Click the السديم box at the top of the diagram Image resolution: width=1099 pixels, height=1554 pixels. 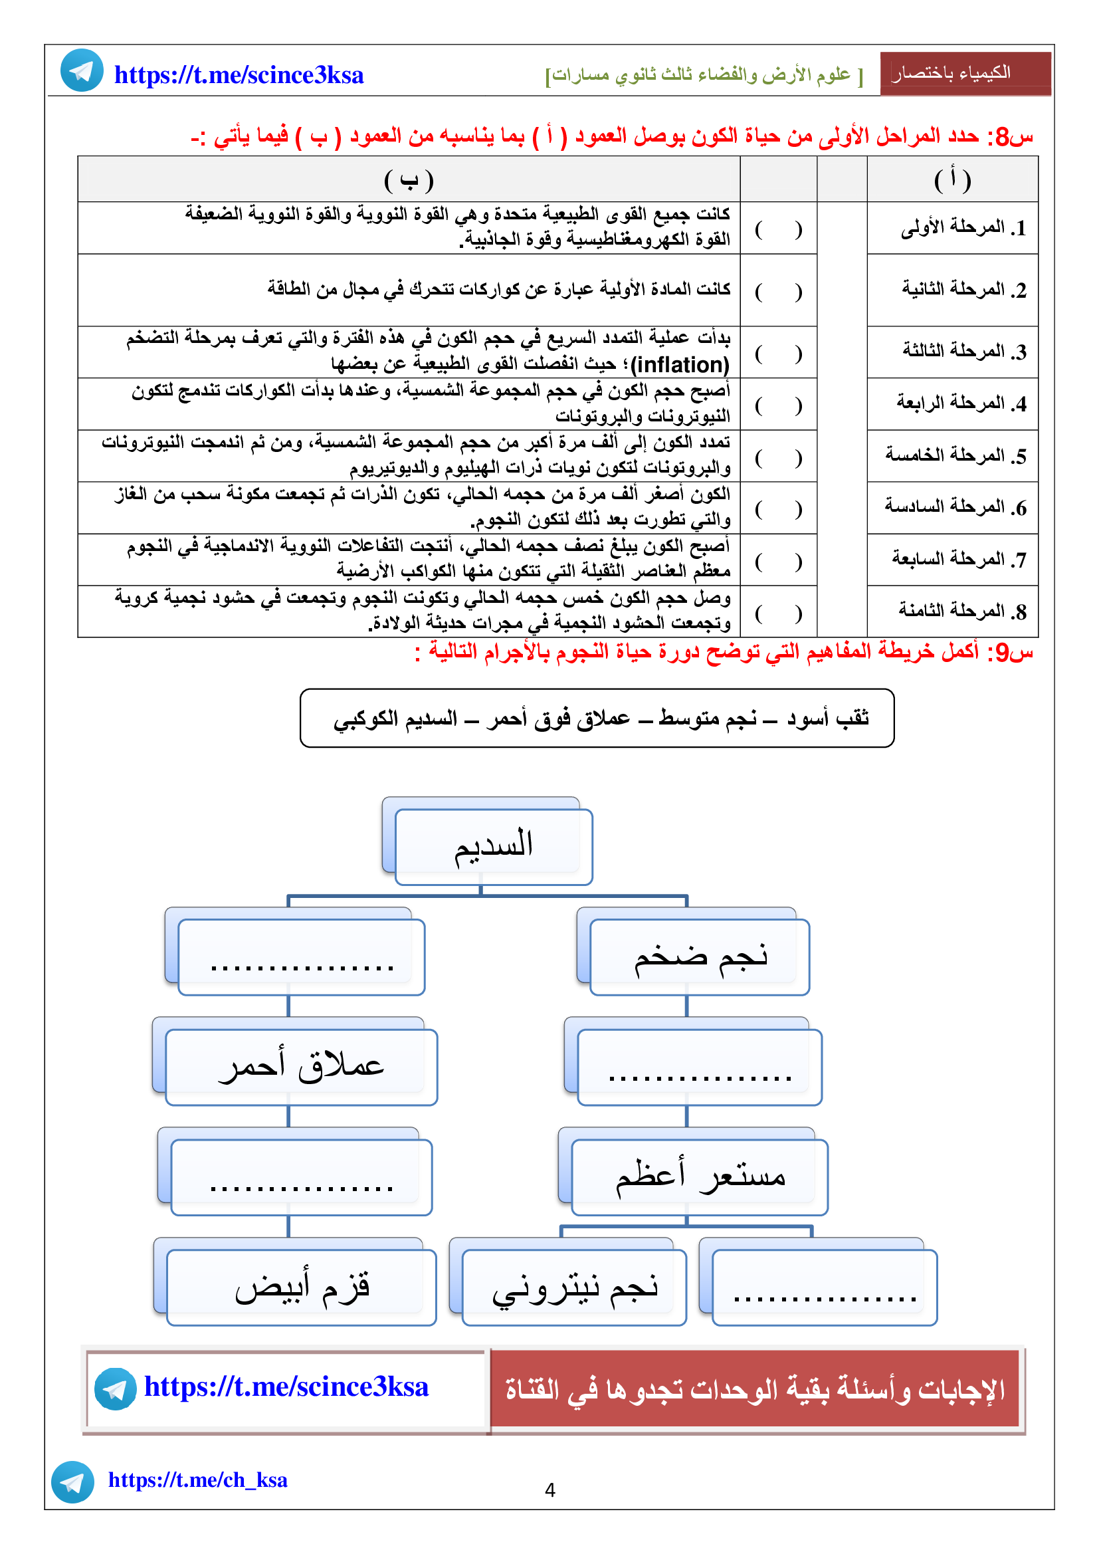click(x=492, y=845)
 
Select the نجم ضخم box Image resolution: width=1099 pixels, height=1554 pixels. click(x=700, y=956)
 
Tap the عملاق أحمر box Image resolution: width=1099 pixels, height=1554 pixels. click(x=301, y=1067)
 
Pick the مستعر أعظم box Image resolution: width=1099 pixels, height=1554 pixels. click(x=700, y=1177)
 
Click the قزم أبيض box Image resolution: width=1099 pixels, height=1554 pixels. click(x=301, y=1287)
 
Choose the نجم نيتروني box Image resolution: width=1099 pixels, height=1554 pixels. click(x=574, y=1287)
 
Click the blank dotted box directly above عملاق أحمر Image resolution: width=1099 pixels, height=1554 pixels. click(x=301, y=956)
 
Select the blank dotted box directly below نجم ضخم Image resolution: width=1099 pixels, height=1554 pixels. click(x=700, y=1067)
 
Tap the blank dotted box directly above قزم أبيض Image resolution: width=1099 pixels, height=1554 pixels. click(x=301, y=1177)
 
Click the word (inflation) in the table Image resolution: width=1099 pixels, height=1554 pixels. click(x=680, y=366)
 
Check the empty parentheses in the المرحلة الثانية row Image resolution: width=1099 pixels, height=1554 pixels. click(x=778, y=292)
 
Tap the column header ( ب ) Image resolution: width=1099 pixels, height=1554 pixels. click(x=408, y=180)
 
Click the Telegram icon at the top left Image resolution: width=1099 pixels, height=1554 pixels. click(x=82, y=70)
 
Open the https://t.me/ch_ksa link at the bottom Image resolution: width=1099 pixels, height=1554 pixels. click(x=197, y=1480)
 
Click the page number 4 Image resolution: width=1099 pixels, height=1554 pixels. click(x=549, y=1490)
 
